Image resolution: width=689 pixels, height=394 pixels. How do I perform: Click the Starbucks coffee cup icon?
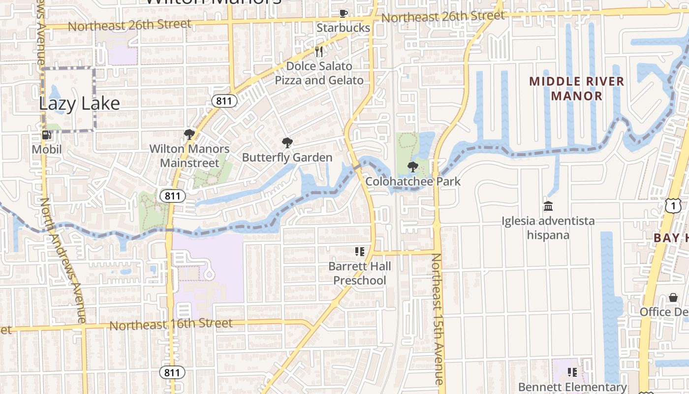tap(343, 14)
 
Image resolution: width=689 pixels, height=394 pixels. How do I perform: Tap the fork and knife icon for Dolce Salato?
tap(319, 52)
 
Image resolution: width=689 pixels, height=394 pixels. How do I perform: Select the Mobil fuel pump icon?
tap(47, 135)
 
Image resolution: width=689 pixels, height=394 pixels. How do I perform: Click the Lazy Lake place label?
tap(79, 103)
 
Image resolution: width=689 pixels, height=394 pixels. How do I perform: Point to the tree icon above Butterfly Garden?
tap(287, 143)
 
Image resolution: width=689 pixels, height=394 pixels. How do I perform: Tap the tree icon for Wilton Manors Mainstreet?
tap(189, 134)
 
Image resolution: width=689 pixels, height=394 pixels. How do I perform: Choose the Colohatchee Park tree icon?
tap(413, 167)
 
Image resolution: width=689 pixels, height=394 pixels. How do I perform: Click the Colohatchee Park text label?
tap(413, 181)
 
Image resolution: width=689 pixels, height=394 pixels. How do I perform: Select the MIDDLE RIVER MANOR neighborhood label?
tap(577, 89)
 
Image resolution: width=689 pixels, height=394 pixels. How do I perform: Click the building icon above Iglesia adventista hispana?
tap(548, 206)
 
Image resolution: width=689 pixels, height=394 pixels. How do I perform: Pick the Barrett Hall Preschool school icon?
tap(360, 252)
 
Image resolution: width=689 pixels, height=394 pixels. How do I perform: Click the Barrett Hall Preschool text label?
tap(360, 273)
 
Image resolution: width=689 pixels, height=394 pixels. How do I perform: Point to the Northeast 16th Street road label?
tap(171, 324)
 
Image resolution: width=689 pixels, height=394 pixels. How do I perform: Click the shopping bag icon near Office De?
tap(673, 297)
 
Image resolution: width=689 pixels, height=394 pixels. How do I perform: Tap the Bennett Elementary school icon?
tap(572, 372)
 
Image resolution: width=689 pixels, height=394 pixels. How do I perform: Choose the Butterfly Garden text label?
tap(287, 158)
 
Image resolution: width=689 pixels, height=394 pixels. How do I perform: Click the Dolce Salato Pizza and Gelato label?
tap(319, 73)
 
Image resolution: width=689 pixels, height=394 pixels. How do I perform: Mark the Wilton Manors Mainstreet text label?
tap(189, 156)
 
